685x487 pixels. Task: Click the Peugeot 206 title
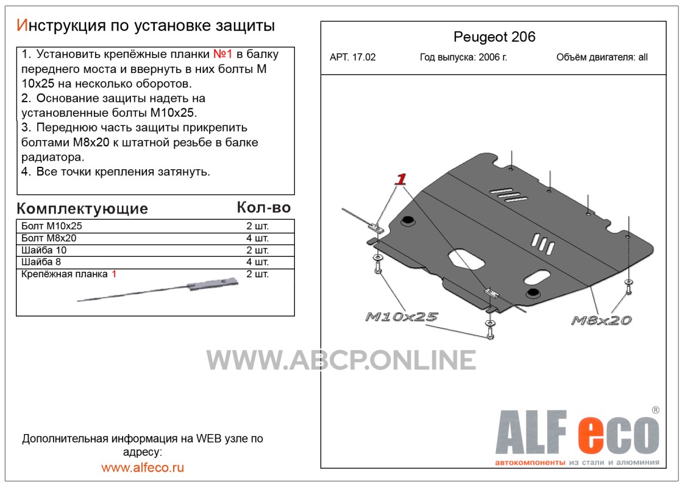[494, 37]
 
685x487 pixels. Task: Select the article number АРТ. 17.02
[352, 57]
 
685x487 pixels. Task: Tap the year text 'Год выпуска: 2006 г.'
[464, 57]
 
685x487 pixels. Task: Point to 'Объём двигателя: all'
[602, 57]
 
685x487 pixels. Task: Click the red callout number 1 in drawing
[400, 179]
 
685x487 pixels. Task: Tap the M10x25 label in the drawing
[401, 317]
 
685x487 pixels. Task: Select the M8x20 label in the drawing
[601, 320]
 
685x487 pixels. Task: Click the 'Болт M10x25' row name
[52, 226]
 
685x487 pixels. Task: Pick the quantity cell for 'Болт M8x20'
[257, 238]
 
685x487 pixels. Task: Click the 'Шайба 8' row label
[41, 262]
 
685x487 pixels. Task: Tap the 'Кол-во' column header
[264, 208]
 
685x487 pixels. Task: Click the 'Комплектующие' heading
[82, 209]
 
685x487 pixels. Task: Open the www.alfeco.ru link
[143, 468]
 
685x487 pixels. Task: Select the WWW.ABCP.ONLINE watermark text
[341, 360]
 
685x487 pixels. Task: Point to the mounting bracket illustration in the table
[158, 290]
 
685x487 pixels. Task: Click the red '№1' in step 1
[222, 54]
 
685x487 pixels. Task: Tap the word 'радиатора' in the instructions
[52, 157]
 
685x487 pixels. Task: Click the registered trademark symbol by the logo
[655, 410]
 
